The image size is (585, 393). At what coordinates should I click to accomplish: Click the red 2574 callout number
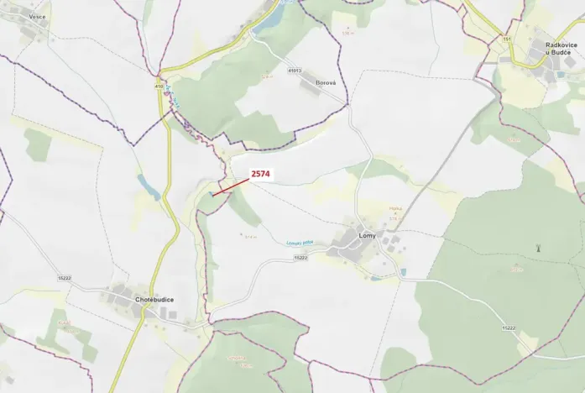point(261,174)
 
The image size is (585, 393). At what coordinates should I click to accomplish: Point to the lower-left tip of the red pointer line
point(212,196)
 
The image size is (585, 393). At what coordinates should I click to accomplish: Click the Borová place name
point(326,83)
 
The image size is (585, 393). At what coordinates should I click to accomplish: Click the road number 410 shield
point(159,86)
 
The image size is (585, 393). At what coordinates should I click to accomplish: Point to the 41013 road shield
point(295,71)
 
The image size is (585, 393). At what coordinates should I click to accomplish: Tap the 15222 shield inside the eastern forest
point(509,327)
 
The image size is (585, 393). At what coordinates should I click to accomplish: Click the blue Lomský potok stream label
point(300,244)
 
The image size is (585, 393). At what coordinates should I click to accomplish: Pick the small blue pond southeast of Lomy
point(404,272)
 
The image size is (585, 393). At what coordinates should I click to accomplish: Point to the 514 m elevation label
point(249,237)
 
